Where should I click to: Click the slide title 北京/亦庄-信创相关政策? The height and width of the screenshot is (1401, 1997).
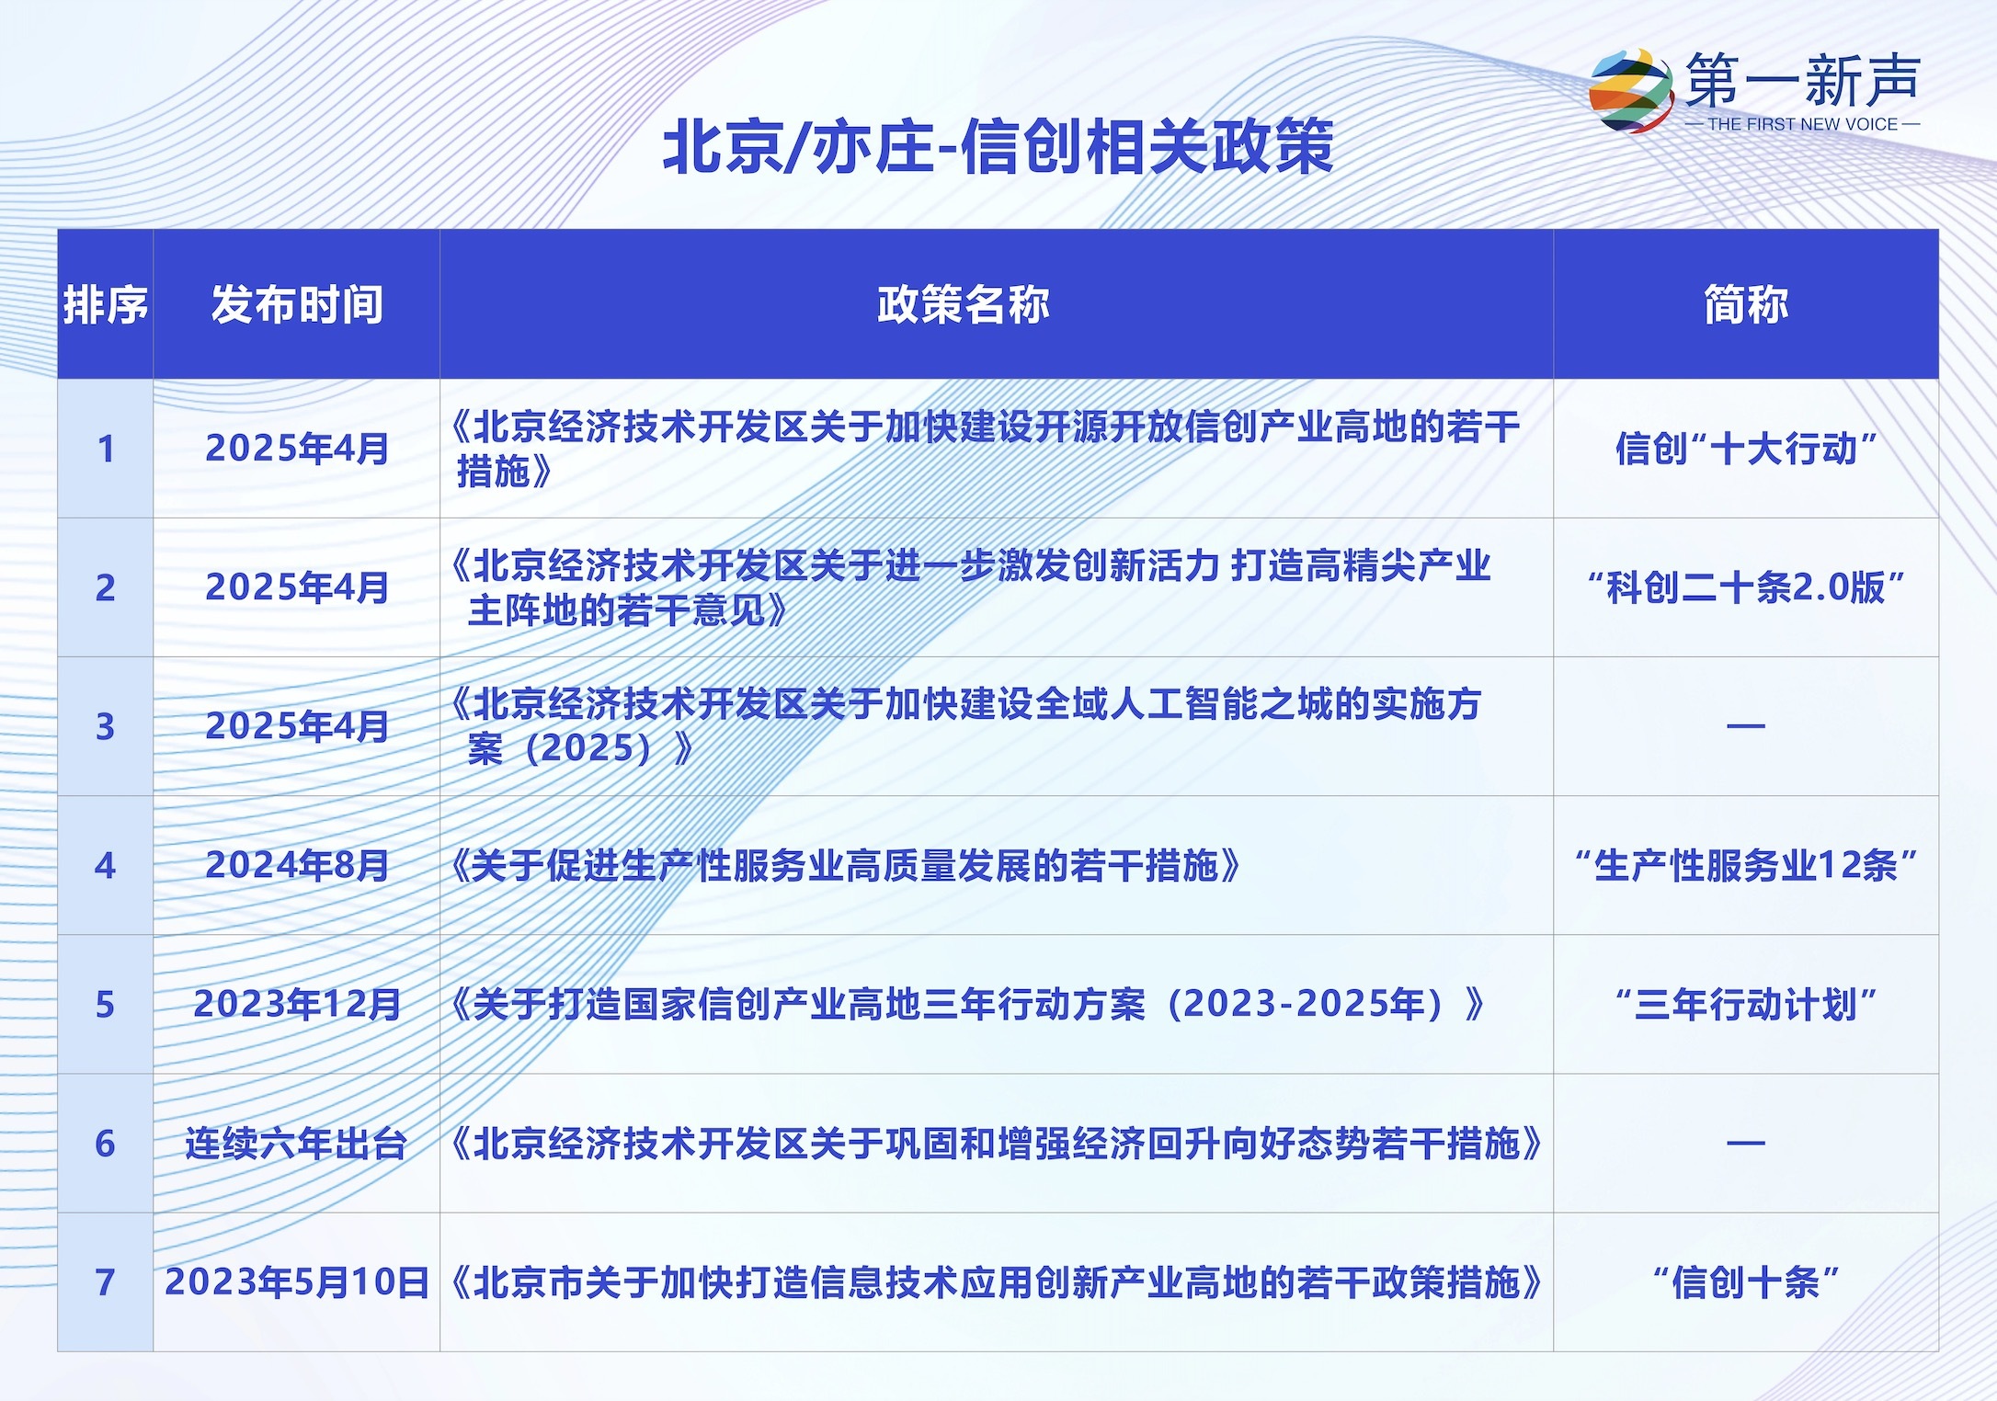click(x=998, y=147)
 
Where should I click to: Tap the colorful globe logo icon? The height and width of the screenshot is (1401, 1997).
click(x=1632, y=90)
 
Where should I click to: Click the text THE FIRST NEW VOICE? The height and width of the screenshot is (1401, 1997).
click(x=1802, y=124)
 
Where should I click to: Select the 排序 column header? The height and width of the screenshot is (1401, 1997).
click(x=105, y=304)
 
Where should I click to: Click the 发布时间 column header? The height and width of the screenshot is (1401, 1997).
click(x=297, y=304)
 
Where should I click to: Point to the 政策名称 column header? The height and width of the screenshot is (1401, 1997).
click(x=963, y=304)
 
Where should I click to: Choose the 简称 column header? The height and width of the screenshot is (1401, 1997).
click(x=1746, y=304)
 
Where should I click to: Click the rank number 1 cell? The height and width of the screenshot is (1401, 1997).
click(x=106, y=449)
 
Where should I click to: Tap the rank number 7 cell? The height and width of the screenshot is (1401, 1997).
click(x=105, y=1282)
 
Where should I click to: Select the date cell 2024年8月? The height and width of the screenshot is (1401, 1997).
click(x=297, y=865)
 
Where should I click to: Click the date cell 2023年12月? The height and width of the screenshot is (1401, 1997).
click(x=297, y=1004)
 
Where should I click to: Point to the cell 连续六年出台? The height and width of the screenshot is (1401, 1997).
click(x=296, y=1144)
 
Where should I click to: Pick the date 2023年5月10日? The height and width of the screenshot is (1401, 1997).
click(x=297, y=1282)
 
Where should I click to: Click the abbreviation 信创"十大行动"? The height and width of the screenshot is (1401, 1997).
click(x=1746, y=449)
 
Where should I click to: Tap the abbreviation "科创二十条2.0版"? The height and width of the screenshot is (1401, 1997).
click(x=1746, y=587)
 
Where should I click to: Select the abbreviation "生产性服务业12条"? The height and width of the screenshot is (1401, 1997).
click(x=1746, y=865)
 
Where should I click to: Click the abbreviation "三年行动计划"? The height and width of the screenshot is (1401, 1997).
click(x=1746, y=1004)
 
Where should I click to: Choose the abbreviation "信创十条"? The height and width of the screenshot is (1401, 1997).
click(x=1746, y=1282)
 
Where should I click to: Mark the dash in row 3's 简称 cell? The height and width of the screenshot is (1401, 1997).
click(x=1746, y=726)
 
